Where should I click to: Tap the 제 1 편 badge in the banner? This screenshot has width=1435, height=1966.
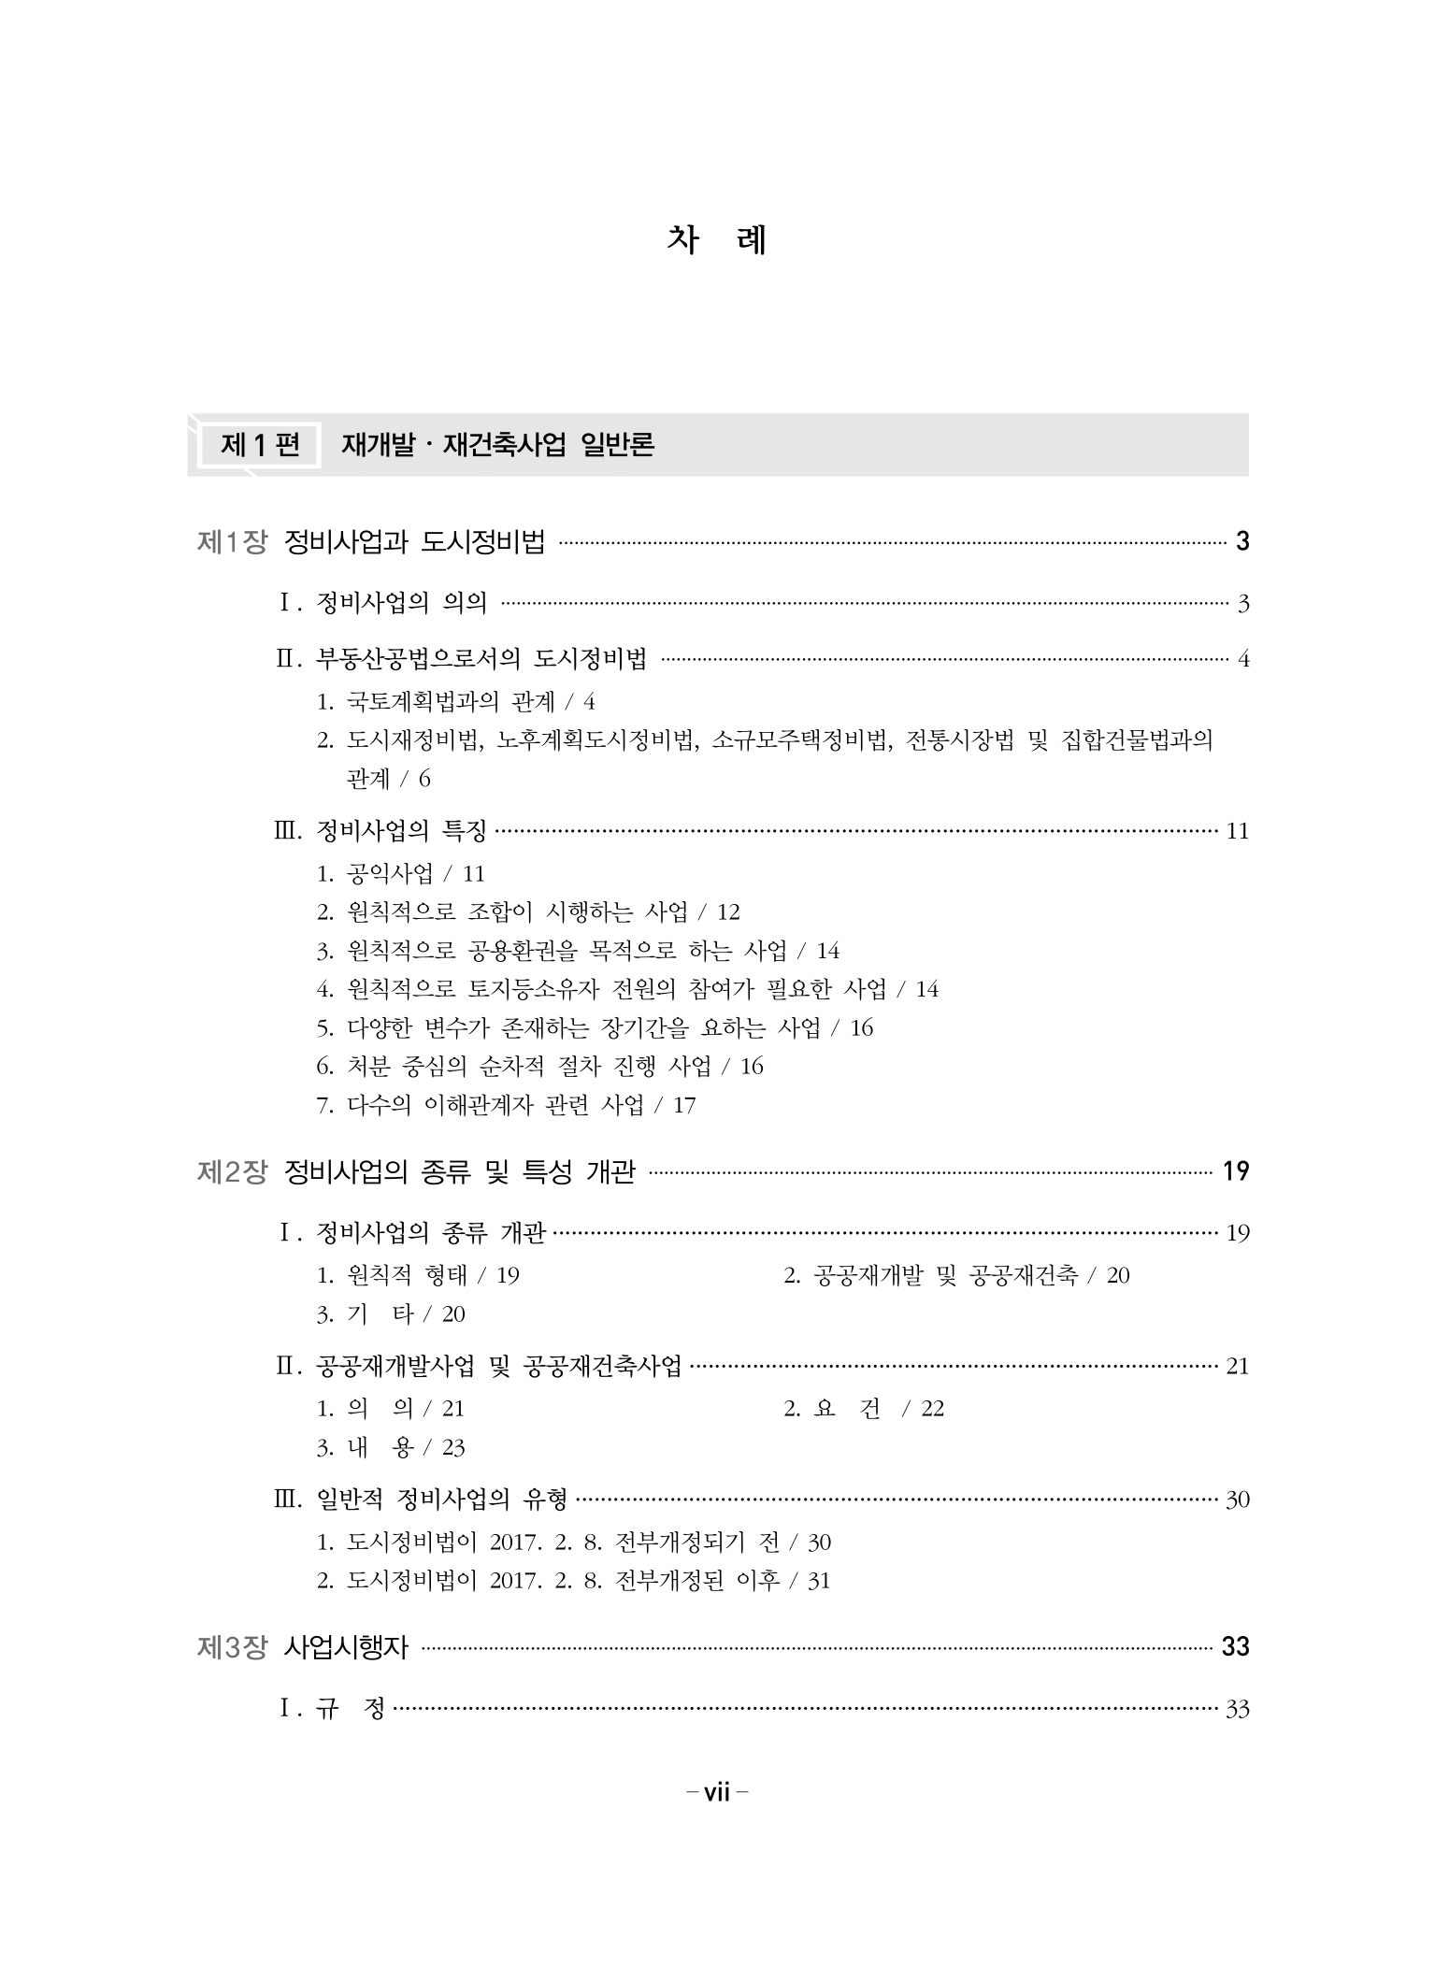point(260,445)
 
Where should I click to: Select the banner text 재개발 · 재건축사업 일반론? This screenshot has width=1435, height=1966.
point(497,445)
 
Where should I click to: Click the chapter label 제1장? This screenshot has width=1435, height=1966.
point(232,542)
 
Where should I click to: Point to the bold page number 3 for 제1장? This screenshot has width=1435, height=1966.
point(1241,541)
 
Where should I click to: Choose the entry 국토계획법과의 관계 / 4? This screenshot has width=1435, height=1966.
point(456,701)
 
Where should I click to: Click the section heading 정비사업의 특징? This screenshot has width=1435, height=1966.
point(402,830)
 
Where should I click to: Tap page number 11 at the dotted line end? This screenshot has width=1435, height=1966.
point(1237,831)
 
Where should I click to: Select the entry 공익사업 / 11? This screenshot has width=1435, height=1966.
point(401,873)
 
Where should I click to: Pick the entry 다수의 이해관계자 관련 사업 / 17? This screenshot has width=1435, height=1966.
point(507,1105)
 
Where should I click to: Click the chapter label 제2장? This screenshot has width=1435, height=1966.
point(232,1171)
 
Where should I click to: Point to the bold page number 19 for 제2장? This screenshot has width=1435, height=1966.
point(1236,1171)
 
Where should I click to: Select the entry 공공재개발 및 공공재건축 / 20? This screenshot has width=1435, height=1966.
point(956,1275)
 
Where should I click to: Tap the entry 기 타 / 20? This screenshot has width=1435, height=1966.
point(391,1314)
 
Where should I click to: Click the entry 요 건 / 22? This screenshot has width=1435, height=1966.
point(864,1409)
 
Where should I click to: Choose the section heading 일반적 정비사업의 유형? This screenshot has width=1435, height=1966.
point(442,1500)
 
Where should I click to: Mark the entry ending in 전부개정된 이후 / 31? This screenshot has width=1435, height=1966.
point(573,1581)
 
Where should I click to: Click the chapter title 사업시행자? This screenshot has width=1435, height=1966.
point(346,1646)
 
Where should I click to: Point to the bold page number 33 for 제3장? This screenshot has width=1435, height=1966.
point(1236,1646)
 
